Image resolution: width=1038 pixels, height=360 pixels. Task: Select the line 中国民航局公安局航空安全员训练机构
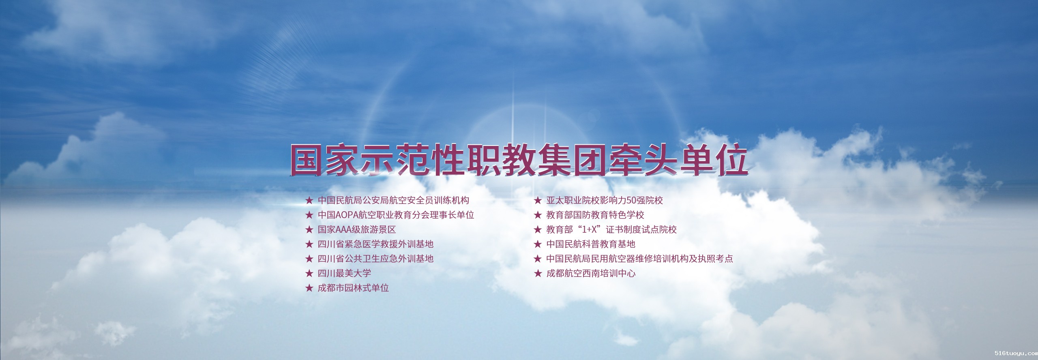393,200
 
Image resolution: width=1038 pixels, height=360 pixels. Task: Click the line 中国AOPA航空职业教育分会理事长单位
396,215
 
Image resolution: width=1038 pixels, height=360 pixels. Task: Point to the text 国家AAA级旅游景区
357,229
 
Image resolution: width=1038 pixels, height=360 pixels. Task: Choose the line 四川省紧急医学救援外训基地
375,244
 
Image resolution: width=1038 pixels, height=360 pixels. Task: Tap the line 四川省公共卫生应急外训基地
375,259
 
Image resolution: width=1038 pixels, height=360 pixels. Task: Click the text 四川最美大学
344,273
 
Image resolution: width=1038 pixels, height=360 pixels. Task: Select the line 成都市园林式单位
353,288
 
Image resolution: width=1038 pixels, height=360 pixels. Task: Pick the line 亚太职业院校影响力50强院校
605,200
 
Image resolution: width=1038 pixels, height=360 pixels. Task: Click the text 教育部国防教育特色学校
595,215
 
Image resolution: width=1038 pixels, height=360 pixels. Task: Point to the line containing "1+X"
611,229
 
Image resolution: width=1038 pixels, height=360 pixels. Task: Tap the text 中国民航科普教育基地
591,244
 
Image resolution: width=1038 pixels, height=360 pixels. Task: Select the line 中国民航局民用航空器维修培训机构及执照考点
639,259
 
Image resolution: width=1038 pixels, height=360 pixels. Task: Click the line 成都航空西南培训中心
591,273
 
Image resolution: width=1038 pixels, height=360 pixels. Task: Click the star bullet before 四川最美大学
309,273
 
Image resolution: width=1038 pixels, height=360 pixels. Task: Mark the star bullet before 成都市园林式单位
309,288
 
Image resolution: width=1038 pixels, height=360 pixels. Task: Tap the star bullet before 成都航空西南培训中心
538,273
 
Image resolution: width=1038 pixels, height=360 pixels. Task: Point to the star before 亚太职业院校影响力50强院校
538,200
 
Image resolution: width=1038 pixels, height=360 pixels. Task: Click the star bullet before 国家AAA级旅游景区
309,229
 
